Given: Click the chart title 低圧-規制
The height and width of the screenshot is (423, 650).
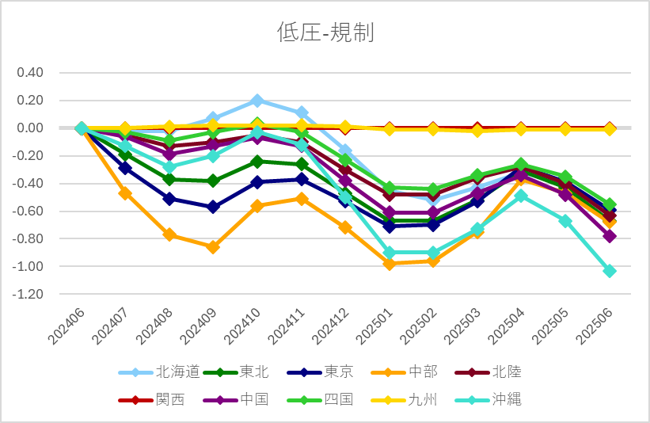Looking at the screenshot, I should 325,32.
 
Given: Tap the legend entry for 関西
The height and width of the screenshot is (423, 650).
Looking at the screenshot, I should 169,399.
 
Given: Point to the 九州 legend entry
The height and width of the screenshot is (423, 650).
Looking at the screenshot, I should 422,399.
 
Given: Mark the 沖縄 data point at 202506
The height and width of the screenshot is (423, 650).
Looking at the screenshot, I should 609,271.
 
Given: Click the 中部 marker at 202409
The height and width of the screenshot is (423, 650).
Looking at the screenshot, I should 213,247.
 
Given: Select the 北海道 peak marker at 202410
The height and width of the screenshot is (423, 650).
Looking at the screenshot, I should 257,101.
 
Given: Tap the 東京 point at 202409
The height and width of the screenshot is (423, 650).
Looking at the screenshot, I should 213,207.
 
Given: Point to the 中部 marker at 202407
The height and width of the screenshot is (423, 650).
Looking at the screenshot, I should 125,193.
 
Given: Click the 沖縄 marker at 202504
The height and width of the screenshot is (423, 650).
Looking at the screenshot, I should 521,196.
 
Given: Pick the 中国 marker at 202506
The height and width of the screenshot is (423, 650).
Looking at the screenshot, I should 609,236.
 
